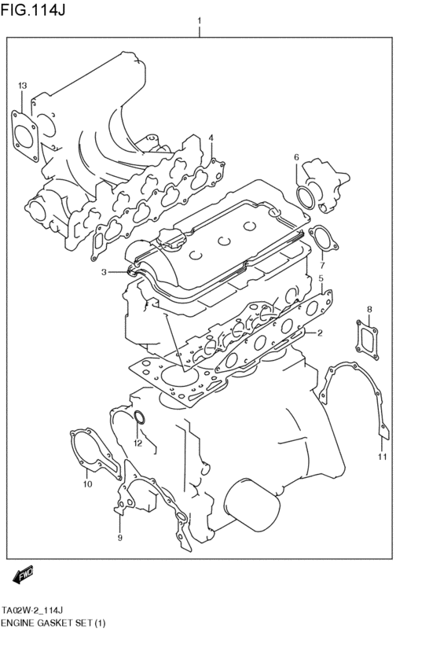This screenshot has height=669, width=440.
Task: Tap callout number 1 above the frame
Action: pyautogui.click(x=200, y=21)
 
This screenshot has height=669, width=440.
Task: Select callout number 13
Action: pyautogui.click(x=22, y=86)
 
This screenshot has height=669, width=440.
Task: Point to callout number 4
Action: pyautogui.click(x=211, y=138)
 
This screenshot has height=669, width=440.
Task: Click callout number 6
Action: pyautogui.click(x=297, y=157)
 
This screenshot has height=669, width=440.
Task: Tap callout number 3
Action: pyautogui.click(x=103, y=273)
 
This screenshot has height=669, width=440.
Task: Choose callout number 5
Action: pyautogui.click(x=321, y=278)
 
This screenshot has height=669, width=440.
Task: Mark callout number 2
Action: pyautogui.click(x=321, y=333)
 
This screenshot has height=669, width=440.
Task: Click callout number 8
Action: pyautogui.click(x=368, y=309)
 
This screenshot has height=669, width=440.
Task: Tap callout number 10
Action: pyautogui.click(x=88, y=483)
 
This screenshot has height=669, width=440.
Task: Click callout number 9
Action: pyautogui.click(x=119, y=538)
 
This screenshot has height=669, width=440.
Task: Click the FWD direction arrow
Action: pyautogui.click(x=23, y=576)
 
